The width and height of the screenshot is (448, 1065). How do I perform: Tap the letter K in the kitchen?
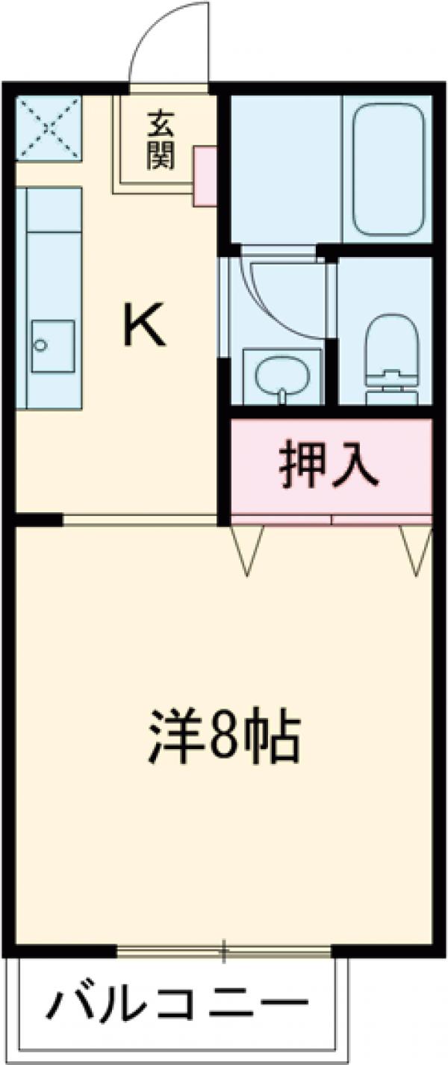tap(143, 329)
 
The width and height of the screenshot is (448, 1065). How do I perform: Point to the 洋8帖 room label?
tap(224, 736)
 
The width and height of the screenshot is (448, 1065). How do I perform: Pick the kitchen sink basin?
tap(52, 345)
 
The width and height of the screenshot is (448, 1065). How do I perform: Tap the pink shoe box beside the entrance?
tap(205, 176)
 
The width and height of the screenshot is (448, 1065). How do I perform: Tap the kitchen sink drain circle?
tap(40, 345)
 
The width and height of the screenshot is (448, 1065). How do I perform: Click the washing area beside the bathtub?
tap(284, 168)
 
